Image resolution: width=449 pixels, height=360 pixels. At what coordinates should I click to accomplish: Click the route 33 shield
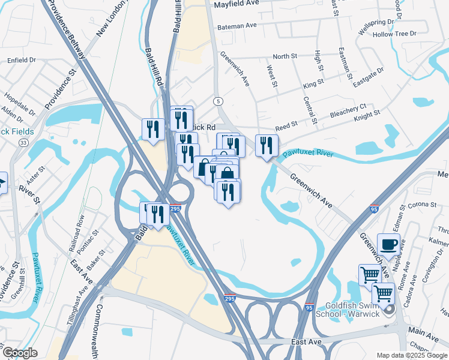(x=23, y=143)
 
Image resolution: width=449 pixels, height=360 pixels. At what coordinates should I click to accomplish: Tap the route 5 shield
(x=218, y=101)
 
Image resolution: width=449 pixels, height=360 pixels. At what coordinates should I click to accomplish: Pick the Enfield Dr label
(x=22, y=60)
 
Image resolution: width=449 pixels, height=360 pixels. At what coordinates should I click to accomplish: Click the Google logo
(x=20, y=352)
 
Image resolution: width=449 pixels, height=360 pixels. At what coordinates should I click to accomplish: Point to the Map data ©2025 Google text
(x=411, y=355)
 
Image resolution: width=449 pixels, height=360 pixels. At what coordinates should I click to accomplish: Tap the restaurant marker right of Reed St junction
(x=266, y=145)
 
